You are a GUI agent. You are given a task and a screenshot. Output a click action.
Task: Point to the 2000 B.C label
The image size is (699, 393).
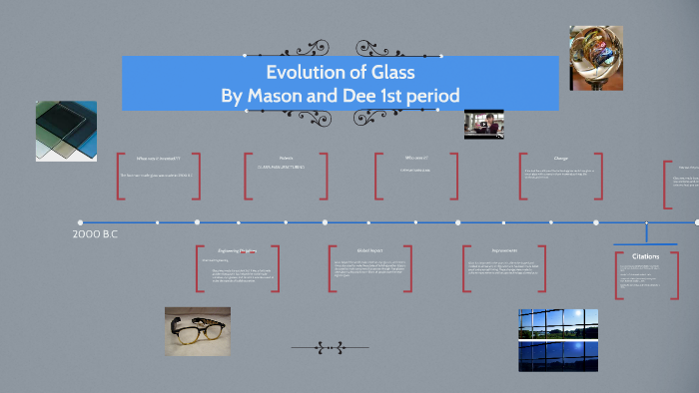point(96,234)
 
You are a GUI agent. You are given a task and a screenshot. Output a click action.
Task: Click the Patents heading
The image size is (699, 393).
point(287,157)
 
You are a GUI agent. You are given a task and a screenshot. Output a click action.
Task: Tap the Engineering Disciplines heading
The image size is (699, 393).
point(238,250)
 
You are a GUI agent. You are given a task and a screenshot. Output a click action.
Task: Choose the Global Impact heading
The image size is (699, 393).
point(369,250)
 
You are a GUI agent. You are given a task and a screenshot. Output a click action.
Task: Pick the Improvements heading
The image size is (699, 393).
point(504,250)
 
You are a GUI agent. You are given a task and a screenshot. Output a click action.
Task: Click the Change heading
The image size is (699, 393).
point(560,158)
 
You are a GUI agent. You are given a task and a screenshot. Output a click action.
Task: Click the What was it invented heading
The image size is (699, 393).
point(158,158)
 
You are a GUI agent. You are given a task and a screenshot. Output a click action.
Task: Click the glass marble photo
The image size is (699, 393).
point(595,58)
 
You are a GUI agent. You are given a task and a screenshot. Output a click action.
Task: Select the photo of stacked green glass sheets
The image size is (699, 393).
point(66,131)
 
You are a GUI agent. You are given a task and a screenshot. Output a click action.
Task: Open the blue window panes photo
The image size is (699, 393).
point(558,339)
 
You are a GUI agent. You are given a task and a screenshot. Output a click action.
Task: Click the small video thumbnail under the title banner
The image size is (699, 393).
point(484,124)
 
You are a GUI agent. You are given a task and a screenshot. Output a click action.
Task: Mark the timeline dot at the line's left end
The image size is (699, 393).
point(81,222)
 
